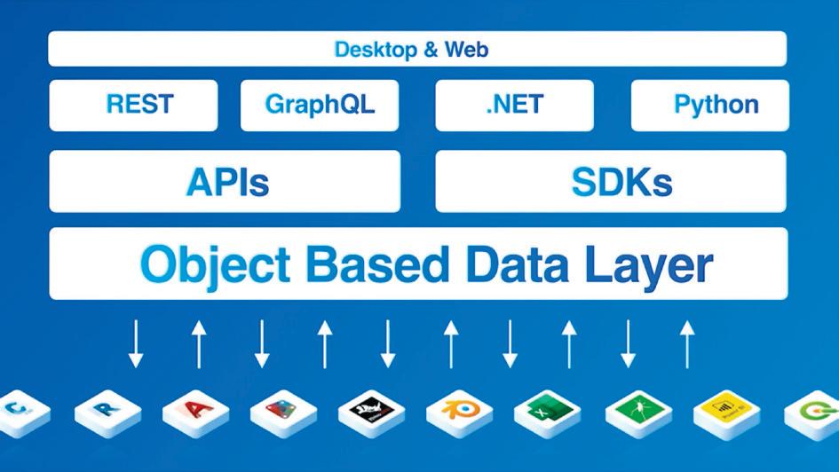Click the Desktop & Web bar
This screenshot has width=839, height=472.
pos(417,49)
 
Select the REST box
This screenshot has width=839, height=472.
pos(133,105)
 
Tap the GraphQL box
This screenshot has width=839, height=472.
pos(320,105)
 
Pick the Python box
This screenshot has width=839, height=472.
pos(710,105)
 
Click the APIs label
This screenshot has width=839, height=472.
pos(227,182)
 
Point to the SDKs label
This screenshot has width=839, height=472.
pos(621,182)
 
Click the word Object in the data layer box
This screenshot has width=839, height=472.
pos(215,264)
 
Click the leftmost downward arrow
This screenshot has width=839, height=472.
pos(135,343)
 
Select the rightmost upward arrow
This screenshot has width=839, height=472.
pos(685,343)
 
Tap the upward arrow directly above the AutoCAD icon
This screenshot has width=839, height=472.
pos(198,343)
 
